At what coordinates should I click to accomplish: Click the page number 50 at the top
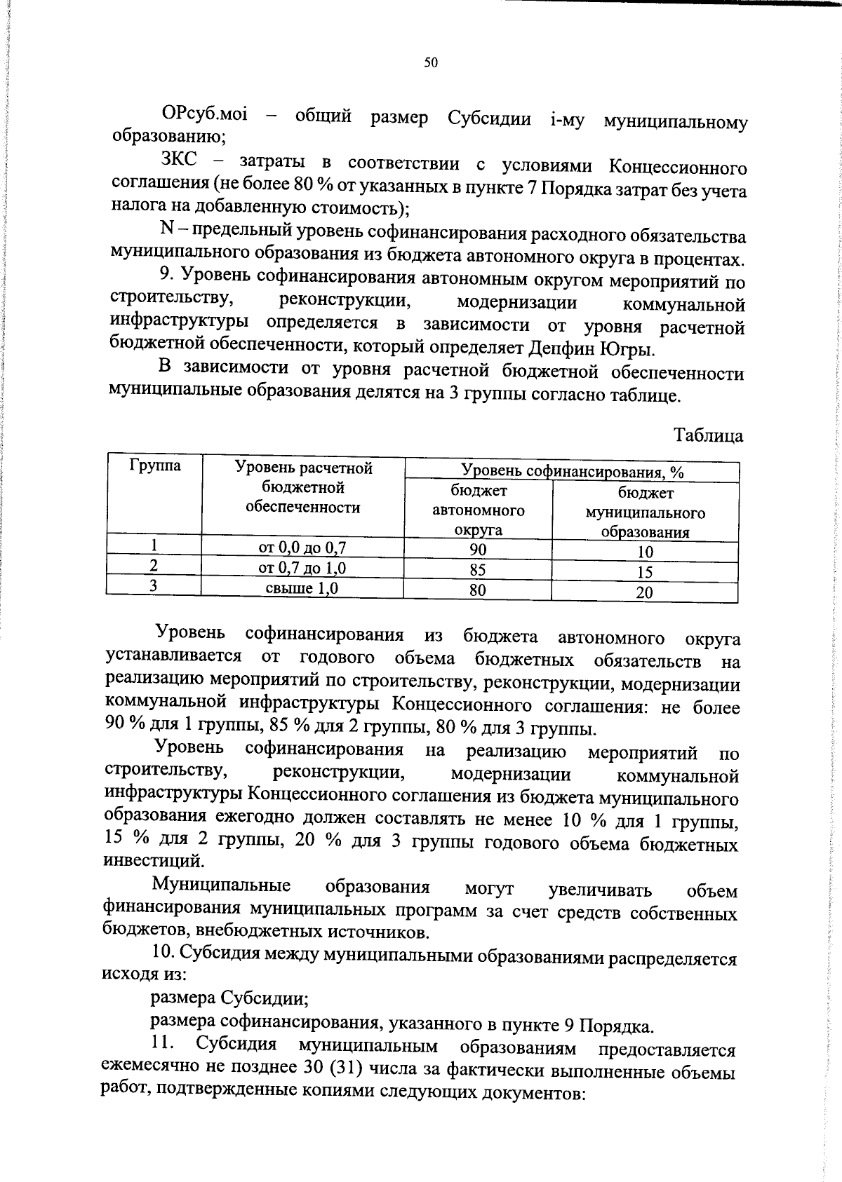coord(431,63)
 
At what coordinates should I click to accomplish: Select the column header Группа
coord(154,466)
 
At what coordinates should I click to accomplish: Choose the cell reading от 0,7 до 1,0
coord(302,568)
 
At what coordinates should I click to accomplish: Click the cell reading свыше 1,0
coord(302,588)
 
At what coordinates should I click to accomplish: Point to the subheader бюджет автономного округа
coord(478,510)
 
